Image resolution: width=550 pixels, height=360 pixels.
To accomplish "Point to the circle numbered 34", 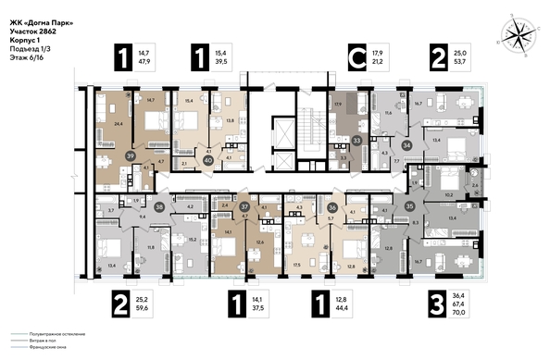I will (x=406, y=145).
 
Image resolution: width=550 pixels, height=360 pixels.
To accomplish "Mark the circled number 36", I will (x=332, y=208).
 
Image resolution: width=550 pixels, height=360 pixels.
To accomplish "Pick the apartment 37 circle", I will (x=244, y=208).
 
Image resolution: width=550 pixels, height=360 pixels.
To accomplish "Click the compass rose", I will (x=515, y=35).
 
